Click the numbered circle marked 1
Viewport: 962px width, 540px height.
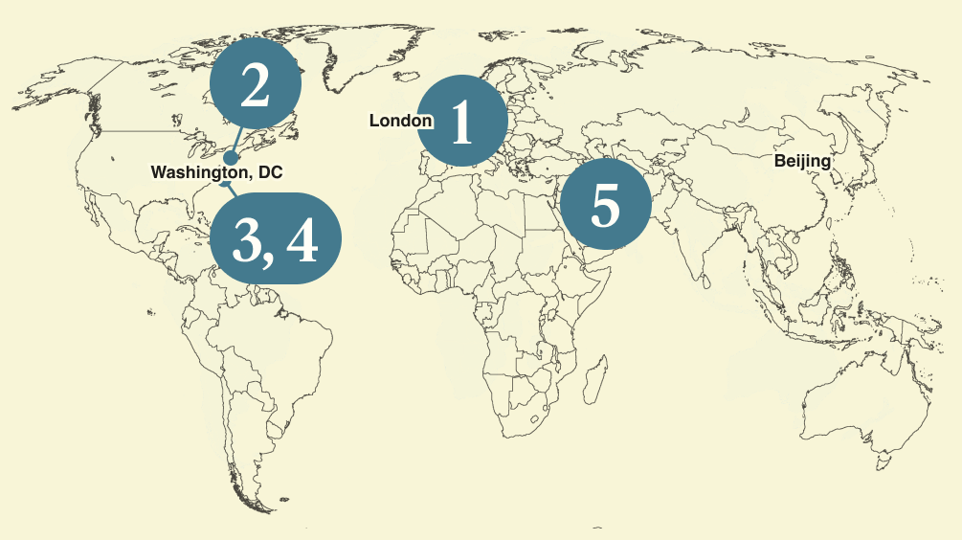coord(462,121)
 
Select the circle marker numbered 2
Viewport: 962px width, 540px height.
coord(256,86)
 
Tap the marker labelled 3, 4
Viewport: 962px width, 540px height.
coord(275,238)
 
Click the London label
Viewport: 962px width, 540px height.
coord(400,121)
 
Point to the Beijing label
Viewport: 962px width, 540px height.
coord(802,161)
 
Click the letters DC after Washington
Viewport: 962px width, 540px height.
coord(272,172)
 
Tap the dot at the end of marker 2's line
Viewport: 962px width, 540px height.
coord(230,158)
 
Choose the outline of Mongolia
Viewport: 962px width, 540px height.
coord(766,134)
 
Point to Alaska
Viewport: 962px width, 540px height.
coord(57,86)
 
